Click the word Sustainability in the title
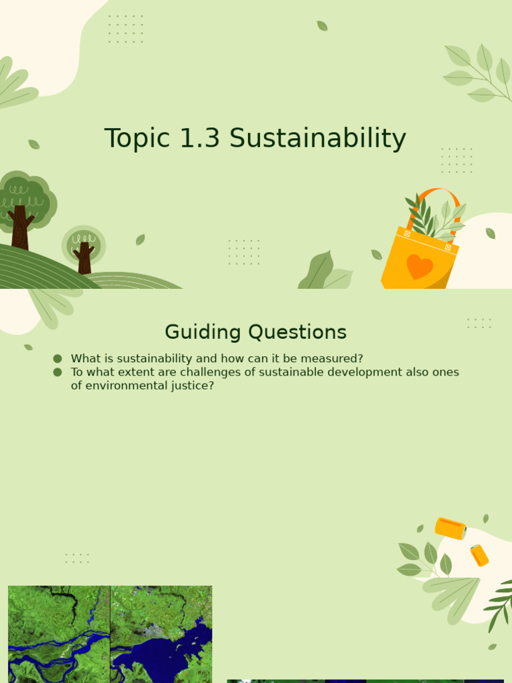(x=317, y=139)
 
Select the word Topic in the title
(x=137, y=139)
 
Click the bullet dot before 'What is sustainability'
(x=57, y=359)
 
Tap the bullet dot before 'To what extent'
(x=57, y=372)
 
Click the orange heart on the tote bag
(x=419, y=266)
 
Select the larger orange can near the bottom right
(x=450, y=528)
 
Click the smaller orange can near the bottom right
(x=479, y=555)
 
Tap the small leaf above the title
(x=322, y=26)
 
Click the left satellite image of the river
(x=59, y=634)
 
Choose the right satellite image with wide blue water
(x=161, y=634)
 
